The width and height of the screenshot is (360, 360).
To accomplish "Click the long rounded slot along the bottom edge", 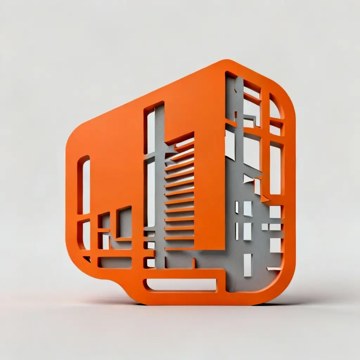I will click(181, 285).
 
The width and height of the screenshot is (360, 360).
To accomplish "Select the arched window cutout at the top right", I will click(275, 107).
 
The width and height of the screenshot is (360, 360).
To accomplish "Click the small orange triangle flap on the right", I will click(264, 199).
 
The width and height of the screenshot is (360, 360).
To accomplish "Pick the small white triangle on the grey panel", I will click(248, 179).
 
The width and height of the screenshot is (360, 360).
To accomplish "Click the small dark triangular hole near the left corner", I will click(87, 259).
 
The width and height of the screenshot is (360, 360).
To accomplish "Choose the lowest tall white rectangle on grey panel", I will click(248, 265).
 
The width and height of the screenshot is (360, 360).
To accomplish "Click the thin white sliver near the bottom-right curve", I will click(274, 269).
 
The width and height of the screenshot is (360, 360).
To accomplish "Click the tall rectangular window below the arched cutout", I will click(276, 169).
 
